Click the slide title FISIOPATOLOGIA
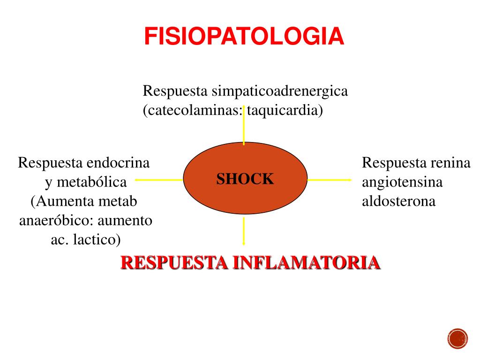(244, 37)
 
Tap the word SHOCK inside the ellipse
(245, 179)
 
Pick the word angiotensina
(402, 182)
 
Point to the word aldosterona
(398, 201)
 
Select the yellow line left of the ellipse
(159, 179)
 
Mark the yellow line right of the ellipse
(329, 179)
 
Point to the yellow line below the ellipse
(244, 231)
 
